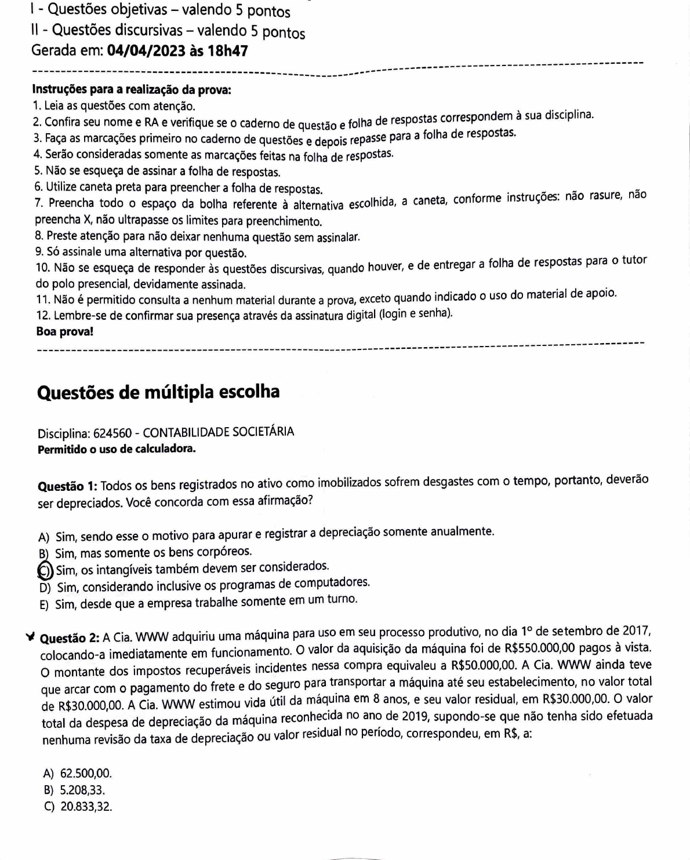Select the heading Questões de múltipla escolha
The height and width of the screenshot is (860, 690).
click(x=158, y=392)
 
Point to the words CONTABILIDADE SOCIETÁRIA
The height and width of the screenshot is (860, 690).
click(x=219, y=432)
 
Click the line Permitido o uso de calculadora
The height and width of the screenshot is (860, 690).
click(x=116, y=449)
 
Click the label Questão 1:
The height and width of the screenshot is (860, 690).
click(x=68, y=486)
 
